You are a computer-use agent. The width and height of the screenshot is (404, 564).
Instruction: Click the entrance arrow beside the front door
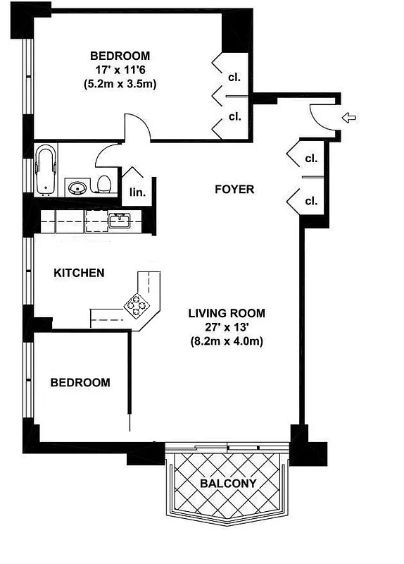[348, 117]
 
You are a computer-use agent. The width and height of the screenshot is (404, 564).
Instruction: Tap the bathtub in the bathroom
[46, 168]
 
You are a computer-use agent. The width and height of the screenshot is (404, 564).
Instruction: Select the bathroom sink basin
[77, 187]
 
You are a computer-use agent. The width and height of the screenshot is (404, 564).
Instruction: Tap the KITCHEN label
[80, 273]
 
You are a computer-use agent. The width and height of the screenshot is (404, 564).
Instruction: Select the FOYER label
[234, 189]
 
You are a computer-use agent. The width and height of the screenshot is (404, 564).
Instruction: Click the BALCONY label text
[227, 484]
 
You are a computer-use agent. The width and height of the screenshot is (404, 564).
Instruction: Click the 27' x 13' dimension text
[227, 327]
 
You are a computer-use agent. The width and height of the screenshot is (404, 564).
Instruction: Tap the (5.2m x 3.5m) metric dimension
[120, 83]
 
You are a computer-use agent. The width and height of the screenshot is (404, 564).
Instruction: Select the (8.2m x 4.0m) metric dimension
[227, 341]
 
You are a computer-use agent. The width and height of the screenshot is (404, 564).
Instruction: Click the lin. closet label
[135, 191]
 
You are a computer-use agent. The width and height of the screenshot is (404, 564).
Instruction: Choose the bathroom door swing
[108, 154]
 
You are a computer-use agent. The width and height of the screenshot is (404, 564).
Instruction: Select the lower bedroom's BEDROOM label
[80, 383]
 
